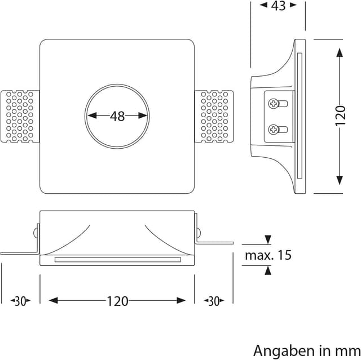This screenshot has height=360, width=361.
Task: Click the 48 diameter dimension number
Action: coord(117,116)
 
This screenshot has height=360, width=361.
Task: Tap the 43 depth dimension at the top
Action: coord(279,6)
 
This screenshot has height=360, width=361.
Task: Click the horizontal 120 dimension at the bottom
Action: coord(117,301)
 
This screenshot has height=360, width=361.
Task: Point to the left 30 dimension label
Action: coord(20,301)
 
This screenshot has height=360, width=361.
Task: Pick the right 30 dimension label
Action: coord(213,301)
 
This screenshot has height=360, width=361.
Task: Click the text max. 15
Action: coord(268,255)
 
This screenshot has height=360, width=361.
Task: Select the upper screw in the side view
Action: coord(274,104)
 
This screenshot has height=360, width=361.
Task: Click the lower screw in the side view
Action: coord(274,129)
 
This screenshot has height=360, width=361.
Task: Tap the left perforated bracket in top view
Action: coord(21,117)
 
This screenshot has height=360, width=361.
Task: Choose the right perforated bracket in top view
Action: coord(214,117)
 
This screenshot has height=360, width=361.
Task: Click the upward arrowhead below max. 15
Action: coord(268,271)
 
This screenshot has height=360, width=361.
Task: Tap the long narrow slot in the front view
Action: coord(117,260)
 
